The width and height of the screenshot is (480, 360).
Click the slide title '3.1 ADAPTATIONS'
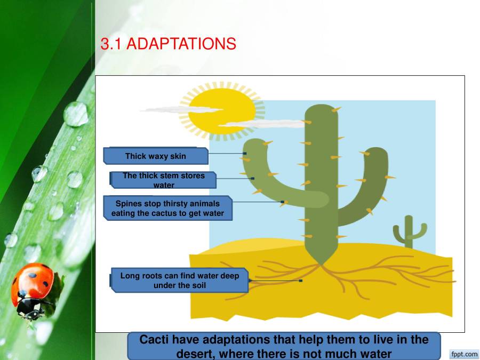(x=168, y=44)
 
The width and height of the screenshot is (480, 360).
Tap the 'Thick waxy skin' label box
(x=155, y=156)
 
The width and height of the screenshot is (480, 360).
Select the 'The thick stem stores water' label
(x=163, y=180)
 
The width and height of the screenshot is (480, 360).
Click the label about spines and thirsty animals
(x=167, y=208)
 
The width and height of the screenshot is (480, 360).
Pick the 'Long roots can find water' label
(x=179, y=280)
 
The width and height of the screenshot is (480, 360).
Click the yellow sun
(x=221, y=110)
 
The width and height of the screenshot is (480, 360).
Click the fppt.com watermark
(x=465, y=354)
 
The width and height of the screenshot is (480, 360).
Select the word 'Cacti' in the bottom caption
(x=154, y=340)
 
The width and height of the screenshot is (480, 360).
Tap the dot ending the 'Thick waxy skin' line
(x=245, y=154)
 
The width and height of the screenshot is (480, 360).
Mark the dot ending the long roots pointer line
(x=301, y=281)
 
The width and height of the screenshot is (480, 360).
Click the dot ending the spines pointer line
(x=282, y=202)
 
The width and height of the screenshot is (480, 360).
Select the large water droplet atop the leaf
(x=76, y=114)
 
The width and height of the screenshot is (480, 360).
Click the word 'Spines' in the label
(x=127, y=203)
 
